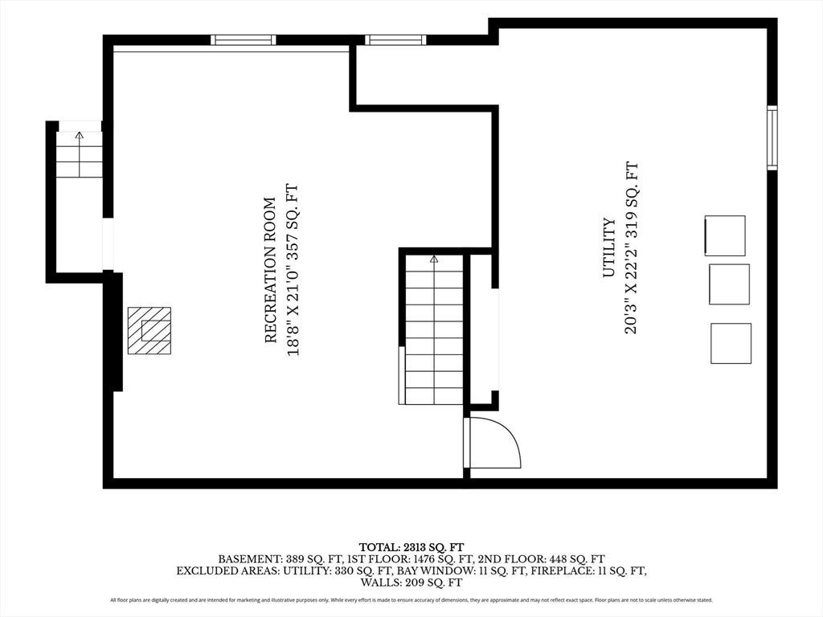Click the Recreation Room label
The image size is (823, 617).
tap(270, 270)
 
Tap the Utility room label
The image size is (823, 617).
tap(609, 247)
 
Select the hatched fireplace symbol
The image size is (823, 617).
tap(149, 331)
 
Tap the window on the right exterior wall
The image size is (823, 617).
tap(772, 137)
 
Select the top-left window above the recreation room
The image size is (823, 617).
tap(244, 40)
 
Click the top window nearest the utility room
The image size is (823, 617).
tap(395, 40)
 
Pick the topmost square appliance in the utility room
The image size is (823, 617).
tap(725, 235)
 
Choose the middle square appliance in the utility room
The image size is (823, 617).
tap(729, 284)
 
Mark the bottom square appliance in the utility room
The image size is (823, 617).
tap(731, 343)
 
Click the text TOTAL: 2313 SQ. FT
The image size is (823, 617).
tap(411, 548)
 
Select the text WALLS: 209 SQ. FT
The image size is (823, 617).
tap(411, 582)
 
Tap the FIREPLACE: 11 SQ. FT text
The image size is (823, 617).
tap(588, 571)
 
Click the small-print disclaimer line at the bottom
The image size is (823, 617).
tap(411, 599)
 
